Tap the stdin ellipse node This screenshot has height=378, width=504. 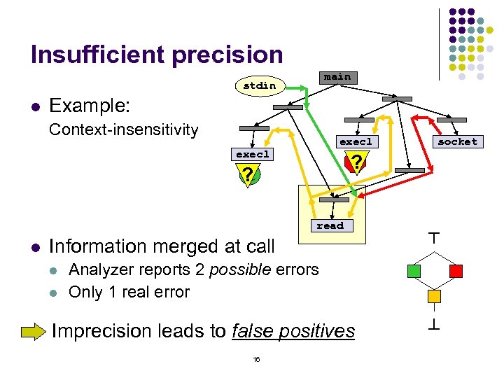point(260,85)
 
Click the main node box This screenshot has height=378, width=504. point(337,77)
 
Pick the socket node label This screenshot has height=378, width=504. point(457,141)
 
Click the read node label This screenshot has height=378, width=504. point(330,225)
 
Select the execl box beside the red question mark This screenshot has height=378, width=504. point(356,141)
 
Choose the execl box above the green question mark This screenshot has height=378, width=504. point(253,154)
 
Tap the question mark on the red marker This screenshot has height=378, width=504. point(356,164)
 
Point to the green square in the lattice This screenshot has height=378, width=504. point(414,270)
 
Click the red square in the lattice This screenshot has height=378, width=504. point(456,270)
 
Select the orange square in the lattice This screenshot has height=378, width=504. point(435,296)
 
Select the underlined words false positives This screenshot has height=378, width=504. point(293,330)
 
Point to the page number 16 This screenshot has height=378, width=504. point(256,359)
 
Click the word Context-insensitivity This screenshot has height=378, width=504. point(123,129)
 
